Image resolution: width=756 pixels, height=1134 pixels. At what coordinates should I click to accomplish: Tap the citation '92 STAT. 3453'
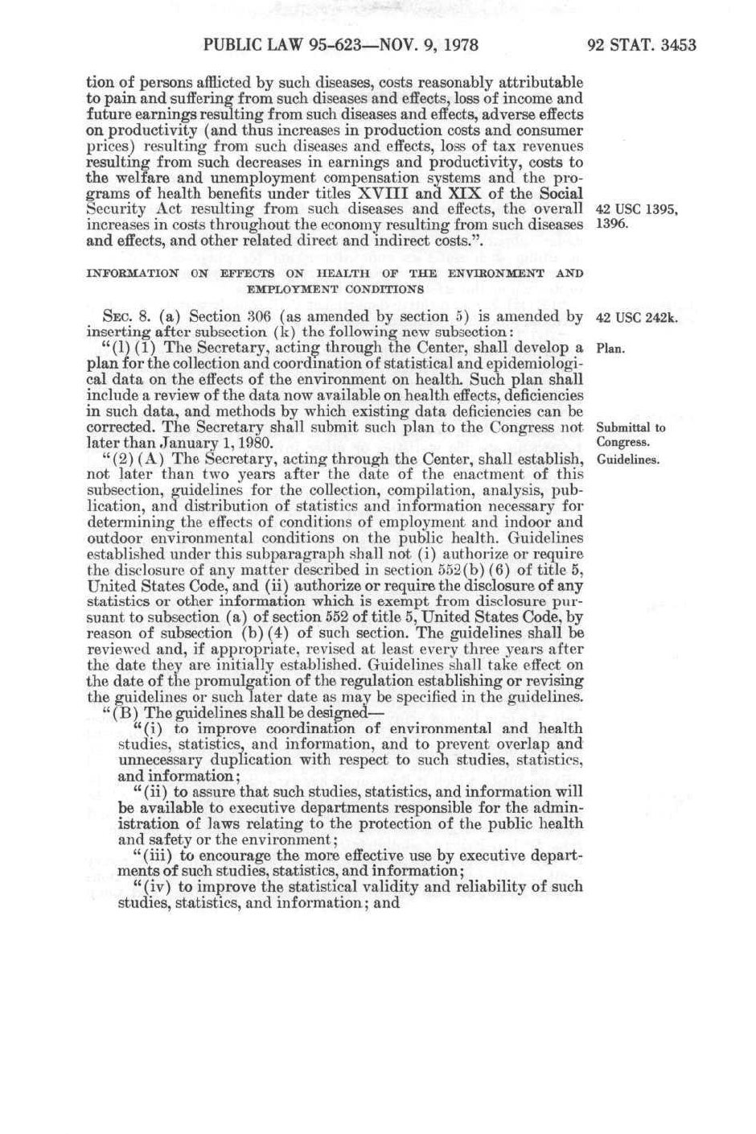pyautogui.click(x=641, y=45)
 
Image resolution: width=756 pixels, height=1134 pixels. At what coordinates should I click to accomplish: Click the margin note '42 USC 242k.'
pyautogui.click(x=636, y=317)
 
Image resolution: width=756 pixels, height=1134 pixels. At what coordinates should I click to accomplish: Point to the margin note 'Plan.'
pyautogui.click(x=610, y=349)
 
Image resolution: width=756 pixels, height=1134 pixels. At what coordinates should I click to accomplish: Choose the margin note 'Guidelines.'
pyautogui.click(x=627, y=460)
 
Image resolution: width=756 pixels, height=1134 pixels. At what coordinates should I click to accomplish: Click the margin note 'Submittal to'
pyautogui.click(x=631, y=428)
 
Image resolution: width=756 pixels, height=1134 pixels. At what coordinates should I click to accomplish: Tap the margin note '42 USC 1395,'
pyautogui.click(x=636, y=210)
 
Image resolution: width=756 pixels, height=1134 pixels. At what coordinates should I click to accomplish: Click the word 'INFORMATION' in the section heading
pyautogui.click(x=133, y=274)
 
